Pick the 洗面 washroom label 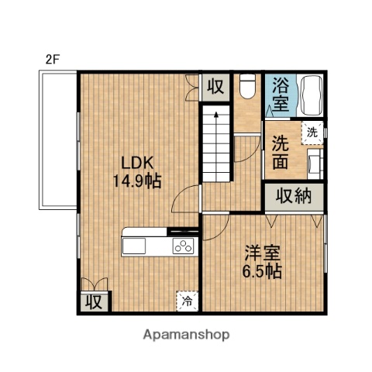[280, 153]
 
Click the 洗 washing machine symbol [311, 132]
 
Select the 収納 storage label [294, 196]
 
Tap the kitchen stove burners [184, 246]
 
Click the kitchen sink [133, 246]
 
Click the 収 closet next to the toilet [215, 87]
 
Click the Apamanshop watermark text [186, 335]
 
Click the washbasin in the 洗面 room [315, 162]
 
